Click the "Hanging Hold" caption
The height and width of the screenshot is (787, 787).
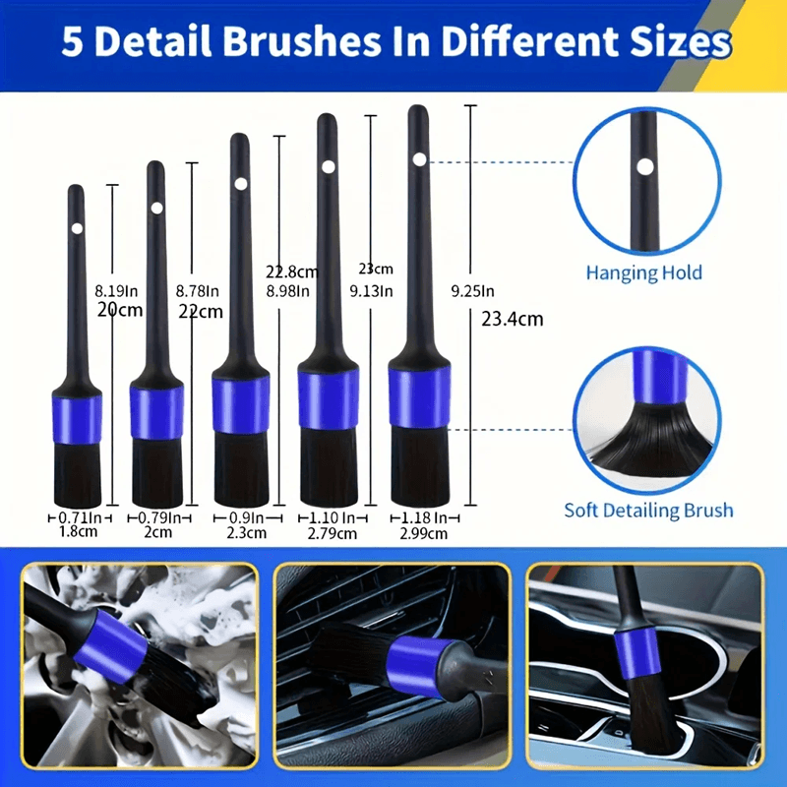[x=644, y=272]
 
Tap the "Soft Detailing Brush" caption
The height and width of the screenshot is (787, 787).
[x=648, y=510]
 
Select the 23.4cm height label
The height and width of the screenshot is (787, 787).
[x=512, y=318]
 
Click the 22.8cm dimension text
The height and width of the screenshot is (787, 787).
[x=291, y=272]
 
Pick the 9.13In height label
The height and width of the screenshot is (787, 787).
[x=372, y=290]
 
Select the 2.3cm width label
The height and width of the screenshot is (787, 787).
[x=241, y=534]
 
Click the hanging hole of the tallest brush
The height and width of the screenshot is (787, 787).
[x=419, y=158]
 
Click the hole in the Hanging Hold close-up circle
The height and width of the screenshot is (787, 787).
[x=644, y=166]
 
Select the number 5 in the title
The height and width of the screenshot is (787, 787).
[x=72, y=43]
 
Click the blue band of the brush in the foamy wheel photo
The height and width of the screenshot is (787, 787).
[x=117, y=638]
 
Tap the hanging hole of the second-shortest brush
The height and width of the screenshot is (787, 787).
[x=156, y=208]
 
